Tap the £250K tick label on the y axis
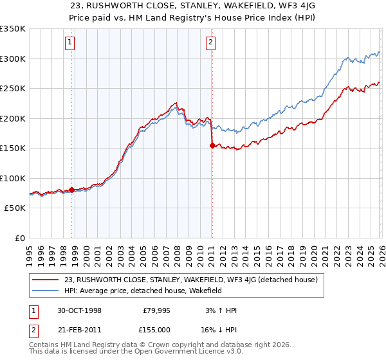coord(12,89)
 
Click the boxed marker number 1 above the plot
coord(70,43)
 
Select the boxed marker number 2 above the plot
coord(210,43)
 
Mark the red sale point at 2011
coord(212,146)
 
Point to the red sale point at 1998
coord(71,190)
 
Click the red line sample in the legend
coord(46,280)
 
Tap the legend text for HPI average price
coord(143,291)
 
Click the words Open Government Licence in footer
coord(187,353)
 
